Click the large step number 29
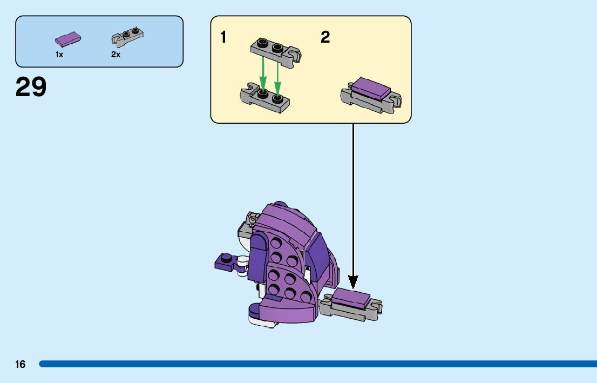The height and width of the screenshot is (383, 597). click(x=31, y=87)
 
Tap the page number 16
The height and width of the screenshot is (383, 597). click(x=20, y=365)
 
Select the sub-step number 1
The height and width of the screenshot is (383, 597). click(x=223, y=37)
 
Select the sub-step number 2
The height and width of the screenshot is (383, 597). click(x=325, y=37)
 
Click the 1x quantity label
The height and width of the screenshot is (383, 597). click(x=59, y=55)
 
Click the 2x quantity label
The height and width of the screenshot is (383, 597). click(x=116, y=55)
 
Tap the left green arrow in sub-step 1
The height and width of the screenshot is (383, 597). click(x=263, y=72)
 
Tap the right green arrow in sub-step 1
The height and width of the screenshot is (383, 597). click(x=278, y=72)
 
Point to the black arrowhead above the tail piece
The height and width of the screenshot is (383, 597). click(x=353, y=281)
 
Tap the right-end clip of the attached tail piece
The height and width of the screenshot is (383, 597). click(x=377, y=308)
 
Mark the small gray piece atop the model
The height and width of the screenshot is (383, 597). click(x=251, y=219)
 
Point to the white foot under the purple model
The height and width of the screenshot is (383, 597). click(x=262, y=322)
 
